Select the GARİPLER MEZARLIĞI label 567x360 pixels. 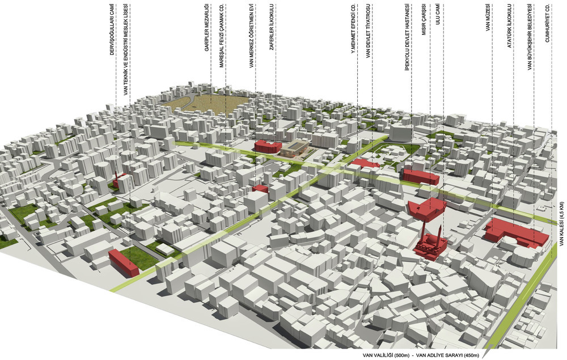207,27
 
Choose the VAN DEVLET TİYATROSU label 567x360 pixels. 368,31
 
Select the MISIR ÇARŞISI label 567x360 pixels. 424,20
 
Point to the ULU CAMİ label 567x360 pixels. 438,15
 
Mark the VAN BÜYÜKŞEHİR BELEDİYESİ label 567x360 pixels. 530,37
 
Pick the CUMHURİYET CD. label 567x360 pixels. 548,23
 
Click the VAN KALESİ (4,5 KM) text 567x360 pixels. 562,224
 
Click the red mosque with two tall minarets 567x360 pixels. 429,242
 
